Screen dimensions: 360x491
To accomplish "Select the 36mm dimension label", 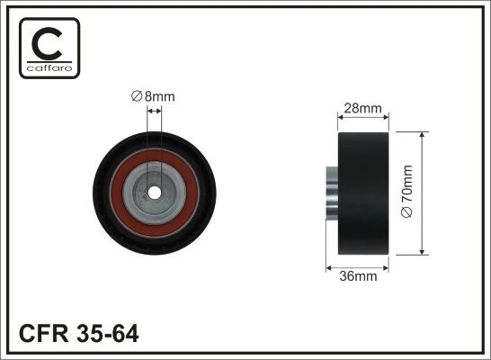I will tap(358, 276).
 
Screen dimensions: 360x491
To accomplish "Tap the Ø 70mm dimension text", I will tap(407, 192).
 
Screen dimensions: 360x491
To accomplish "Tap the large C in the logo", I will tap(49, 42).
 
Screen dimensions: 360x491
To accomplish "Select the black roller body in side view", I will tap(362, 193).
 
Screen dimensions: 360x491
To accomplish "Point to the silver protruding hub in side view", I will tap(331, 193).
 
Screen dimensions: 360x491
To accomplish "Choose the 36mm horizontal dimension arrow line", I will tap(357, 267).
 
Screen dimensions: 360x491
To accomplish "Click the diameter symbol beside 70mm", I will tap(407, 213).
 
